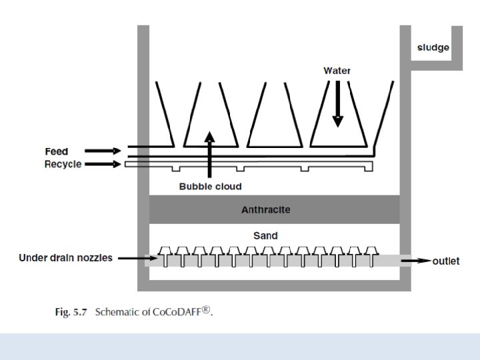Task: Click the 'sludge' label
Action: pyautogui.click(x=433, y=47)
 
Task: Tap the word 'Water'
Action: pyautogui.click(x=337, y=71)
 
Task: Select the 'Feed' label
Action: pyautogui.click(x=57, y=151)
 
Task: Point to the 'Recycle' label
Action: pyautogui.click(x=63, y=164)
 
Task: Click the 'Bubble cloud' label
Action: pyautogui.click(x=210, y=186)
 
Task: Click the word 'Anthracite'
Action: pyautogui.click(x=265, y=210)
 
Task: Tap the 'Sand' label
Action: pyautogui.click(x=265, y=235)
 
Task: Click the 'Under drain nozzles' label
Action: pyautogui.click(x=65, y=257)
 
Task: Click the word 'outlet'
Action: pyautogui.click(x=445, y=261)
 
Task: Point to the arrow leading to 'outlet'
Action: pyautogui.click(x=416, y=261)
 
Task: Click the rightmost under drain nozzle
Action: pyautogui.click(x=371, y=253)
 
